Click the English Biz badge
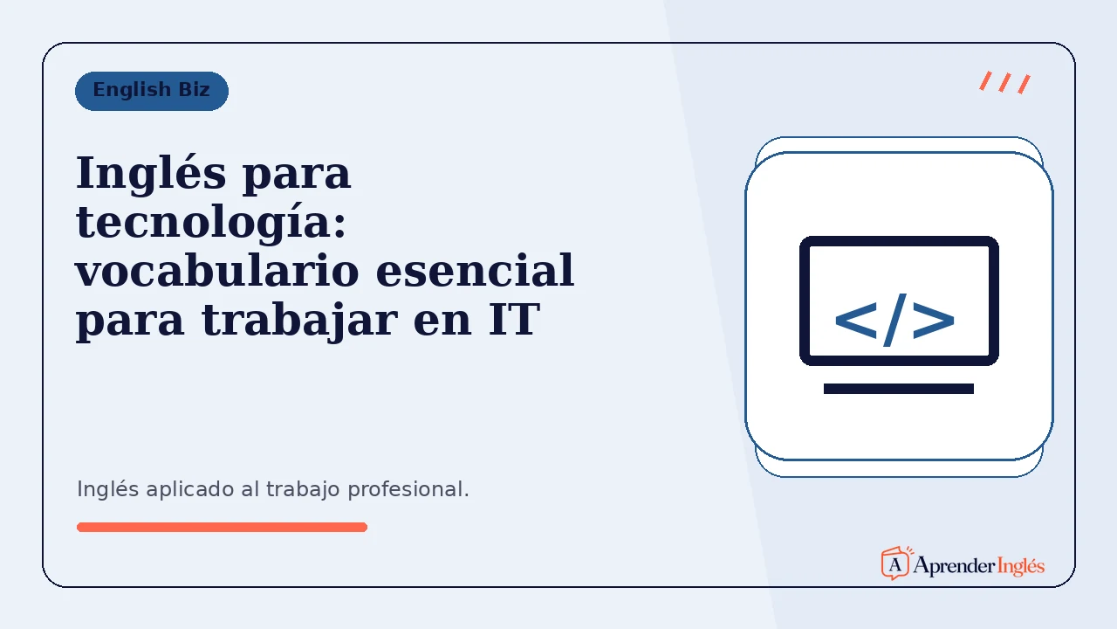tap(152, 91)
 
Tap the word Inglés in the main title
tap(151, 175)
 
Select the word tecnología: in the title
tap(211, 223)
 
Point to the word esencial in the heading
tap(475, 271)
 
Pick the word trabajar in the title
tap(299, 321)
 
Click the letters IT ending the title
tap(514, 320)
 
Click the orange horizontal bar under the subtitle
tap(222, 527)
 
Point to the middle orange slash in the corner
tap(1004, 82)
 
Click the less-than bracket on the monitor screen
tap(856, 321)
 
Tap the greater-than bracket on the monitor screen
tap(934, 321)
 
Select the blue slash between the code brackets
tap(895, 320)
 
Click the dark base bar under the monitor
tap(899, 389)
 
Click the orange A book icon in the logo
tap(896, 563)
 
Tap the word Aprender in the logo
tap(954, 566)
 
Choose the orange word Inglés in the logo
tap(1021, 566)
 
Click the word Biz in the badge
tap(195, 90)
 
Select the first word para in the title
tap(297, 176)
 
